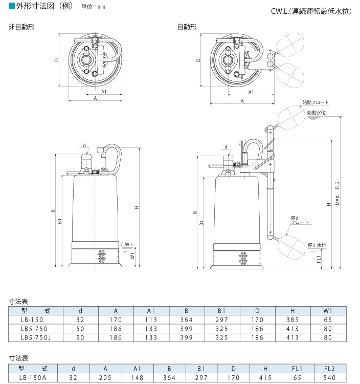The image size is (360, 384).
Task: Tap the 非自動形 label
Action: [19, 27]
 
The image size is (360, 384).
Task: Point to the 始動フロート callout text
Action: [316, 102]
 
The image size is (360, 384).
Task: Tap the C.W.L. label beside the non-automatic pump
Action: [127, 244]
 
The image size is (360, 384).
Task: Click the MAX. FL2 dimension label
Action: [337, 195]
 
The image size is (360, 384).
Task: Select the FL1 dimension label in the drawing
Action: [319, 260]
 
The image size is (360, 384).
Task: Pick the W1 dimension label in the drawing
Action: [132, 255]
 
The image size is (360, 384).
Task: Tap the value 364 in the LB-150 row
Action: [186, 319]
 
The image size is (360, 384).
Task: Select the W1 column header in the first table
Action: [328, 310]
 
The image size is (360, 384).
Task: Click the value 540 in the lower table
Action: [329, 378]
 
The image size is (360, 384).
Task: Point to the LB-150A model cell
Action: [32, 378]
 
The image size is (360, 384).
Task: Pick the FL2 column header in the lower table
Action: [329, 369]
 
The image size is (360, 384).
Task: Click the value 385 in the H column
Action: [292, 319]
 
